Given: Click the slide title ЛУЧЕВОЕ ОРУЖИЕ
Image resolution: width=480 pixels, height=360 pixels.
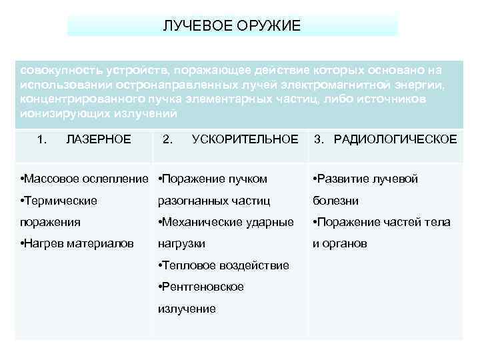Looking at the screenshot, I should click(232, 25).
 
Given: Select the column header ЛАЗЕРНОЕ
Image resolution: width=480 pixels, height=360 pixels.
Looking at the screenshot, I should click(99, 139).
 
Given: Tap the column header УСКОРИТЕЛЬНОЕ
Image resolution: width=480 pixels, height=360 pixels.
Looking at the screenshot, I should click(245, 139).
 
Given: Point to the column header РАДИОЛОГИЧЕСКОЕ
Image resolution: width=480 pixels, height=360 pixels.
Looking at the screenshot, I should click(395, 139).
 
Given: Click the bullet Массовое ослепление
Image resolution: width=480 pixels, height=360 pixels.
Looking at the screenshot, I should click(84, 179).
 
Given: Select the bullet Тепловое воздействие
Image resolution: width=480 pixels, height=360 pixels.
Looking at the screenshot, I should click(224, 265).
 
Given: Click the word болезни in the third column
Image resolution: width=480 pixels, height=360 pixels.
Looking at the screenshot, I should click(336, 201).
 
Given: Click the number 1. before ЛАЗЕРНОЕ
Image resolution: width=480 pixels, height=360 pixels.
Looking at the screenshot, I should click(43, 139).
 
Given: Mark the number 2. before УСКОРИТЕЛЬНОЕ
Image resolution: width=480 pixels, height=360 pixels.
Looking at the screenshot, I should click(168, 139).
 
